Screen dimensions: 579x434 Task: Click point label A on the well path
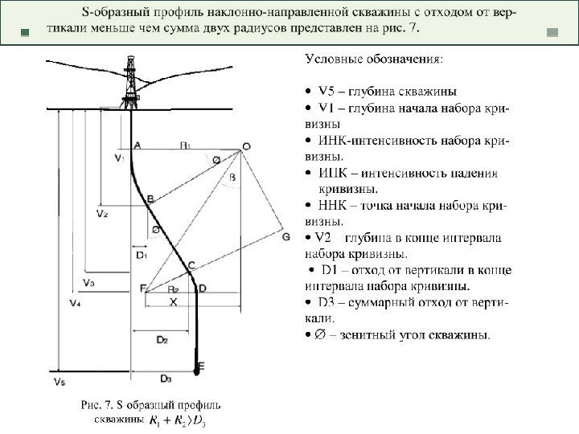pos(138,145)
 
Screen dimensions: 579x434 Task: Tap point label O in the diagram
pos(245,146)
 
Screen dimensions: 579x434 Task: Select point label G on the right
pos(285,237)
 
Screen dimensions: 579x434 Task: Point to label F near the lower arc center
pos(142,288)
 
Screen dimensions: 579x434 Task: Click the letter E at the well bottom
pos(201,366)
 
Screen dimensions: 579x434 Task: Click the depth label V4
pos(75,304)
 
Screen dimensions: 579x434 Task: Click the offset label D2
pos(162,340)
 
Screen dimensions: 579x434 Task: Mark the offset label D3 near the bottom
pos(166,378)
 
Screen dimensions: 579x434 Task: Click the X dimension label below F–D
pos(172,301)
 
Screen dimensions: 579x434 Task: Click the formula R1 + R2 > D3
pos(175,420)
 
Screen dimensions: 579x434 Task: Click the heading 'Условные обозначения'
pos(372,59)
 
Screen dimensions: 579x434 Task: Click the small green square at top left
pos(24,33)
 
